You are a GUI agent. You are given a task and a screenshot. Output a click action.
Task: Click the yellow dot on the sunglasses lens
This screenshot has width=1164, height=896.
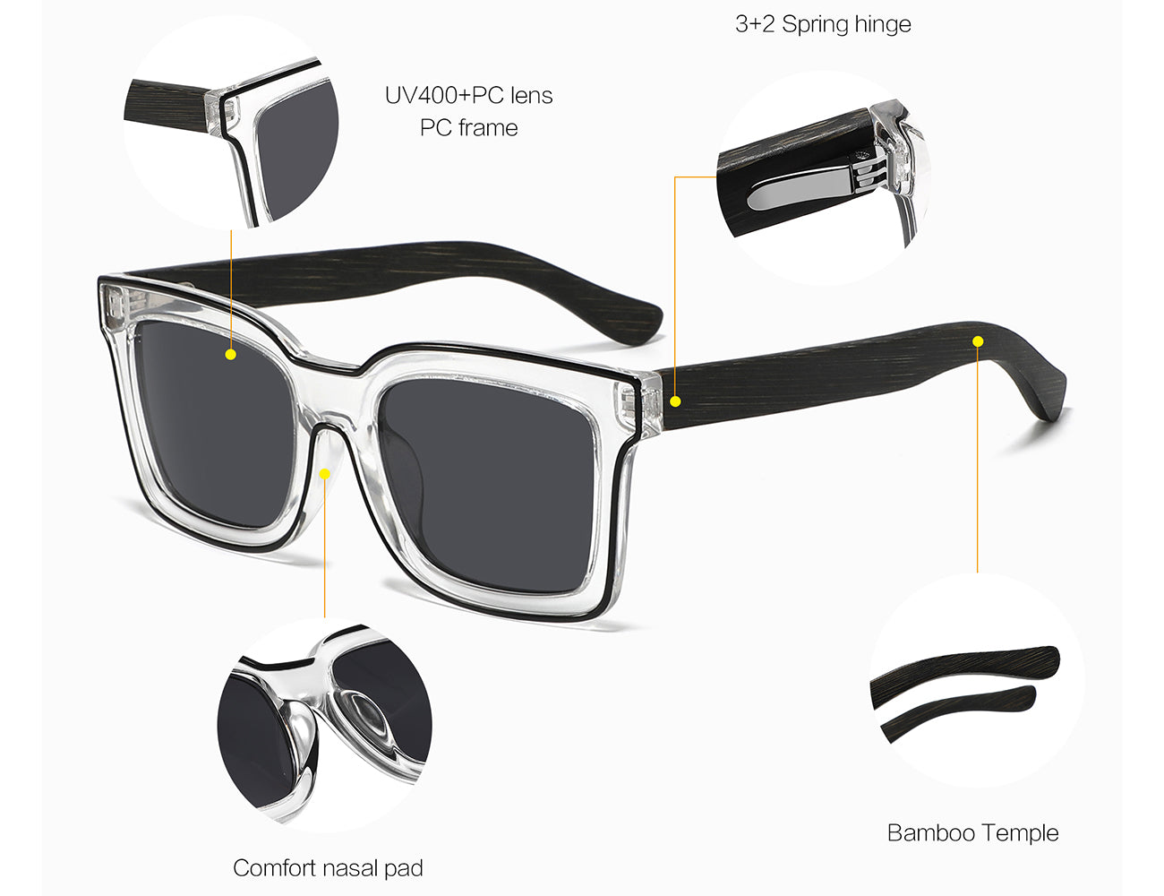[231, 354]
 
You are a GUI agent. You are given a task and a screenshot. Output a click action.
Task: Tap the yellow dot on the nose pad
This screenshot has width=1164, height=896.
[325, 474]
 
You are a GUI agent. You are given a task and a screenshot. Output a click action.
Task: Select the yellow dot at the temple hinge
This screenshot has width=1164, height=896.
[675, 401]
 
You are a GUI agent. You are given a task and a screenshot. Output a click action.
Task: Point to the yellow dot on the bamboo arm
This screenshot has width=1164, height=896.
[978, 341]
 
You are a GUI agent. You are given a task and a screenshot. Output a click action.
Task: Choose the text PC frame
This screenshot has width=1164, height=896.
[468, 128]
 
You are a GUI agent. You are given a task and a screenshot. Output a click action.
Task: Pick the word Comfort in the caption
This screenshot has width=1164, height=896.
[273, 867]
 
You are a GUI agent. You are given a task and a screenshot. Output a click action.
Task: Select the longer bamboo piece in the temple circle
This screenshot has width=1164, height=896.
[964, 671]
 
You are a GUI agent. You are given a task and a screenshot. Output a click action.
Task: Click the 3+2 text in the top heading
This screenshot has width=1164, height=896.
[755, 24]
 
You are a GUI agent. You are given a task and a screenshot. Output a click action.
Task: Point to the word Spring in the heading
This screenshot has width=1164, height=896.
[815, 25]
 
